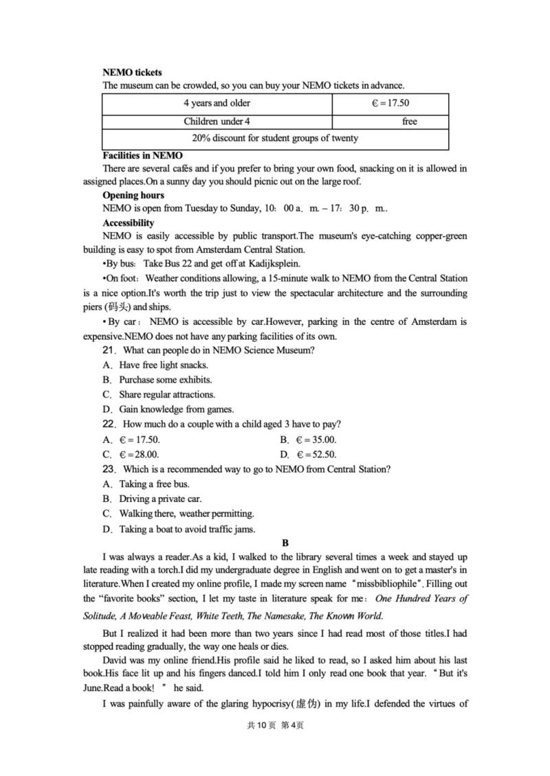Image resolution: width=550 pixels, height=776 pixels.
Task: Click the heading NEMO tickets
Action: pyautogui.click(x=132, y=72)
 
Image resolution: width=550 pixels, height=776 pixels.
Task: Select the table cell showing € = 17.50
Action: pyautogui.click(x=390, y=104)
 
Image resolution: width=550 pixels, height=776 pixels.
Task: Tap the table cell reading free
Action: pyautogui.click(x=410, y=122)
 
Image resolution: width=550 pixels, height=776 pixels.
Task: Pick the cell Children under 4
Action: pyautogui.click(x=217, y=122)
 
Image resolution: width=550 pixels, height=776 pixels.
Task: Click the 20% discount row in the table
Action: pyautogui.click(x=275, y=139)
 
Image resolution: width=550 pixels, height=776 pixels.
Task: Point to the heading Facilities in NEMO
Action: pyautogui.click(x=142, y=155)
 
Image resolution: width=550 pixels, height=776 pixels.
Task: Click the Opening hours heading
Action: pyautogui.click(x=133, y=196)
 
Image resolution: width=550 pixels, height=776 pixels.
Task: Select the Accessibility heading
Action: pyautogui.click(x=129, y=223)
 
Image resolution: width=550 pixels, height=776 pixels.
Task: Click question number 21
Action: pyautogui.click(x=107, y=350)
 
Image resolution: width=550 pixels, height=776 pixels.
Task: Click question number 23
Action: pyautogui.click(x=107, y=470)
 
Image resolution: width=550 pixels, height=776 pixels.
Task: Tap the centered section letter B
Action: pyautogui.click(x=276, y=543)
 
